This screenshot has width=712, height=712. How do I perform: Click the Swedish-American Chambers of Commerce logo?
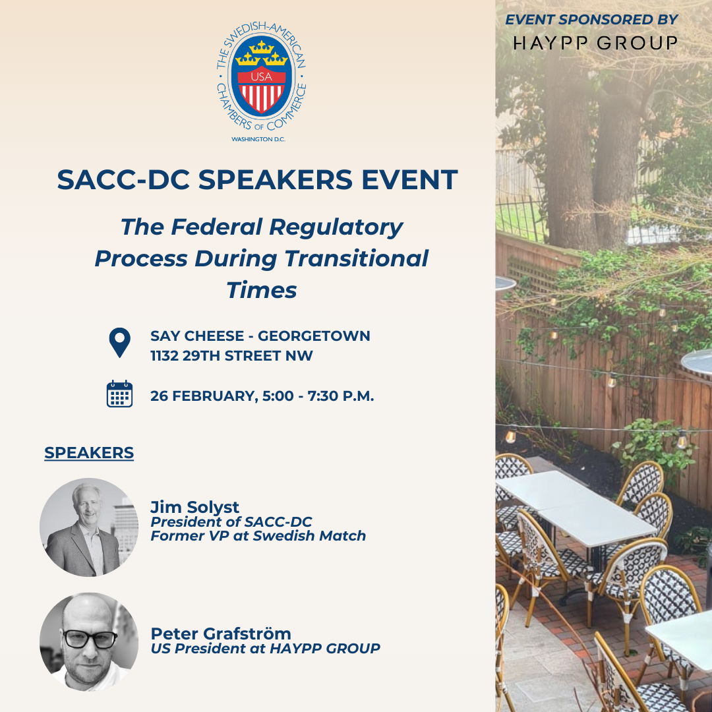(x=261, y=82)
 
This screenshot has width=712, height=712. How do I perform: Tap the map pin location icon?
(x=120, y=342)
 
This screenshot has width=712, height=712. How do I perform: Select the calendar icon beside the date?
(x=120, y=394)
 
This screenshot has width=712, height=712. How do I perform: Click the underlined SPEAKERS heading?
(x=89, y=453)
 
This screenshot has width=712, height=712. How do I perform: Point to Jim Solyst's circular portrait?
(x=89, y=527)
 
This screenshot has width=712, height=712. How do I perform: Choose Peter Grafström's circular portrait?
(x=89, y=641)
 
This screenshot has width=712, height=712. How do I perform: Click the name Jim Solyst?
(x=194, y=507)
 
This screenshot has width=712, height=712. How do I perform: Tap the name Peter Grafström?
(x=221, y=634)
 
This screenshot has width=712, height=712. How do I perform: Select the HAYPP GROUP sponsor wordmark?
(x=595, y=43)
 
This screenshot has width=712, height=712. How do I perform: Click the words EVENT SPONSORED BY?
(x=591, y=20)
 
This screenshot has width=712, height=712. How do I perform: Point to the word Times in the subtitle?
(x=262, y=290)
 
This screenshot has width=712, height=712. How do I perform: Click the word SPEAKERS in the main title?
(x=275, y=179)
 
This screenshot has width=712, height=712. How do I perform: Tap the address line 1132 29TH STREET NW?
(x=231, y=355)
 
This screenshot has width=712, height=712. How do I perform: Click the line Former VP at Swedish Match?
(x=258, y=536)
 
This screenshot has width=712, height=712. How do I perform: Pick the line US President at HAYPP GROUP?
(x=265, y=649)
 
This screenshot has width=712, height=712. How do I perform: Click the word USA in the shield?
(x=262, y=76)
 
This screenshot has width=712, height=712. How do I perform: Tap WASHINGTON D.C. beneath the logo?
(x=258, y=139)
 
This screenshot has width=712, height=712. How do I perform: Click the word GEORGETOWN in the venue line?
(x=314, y=336)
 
